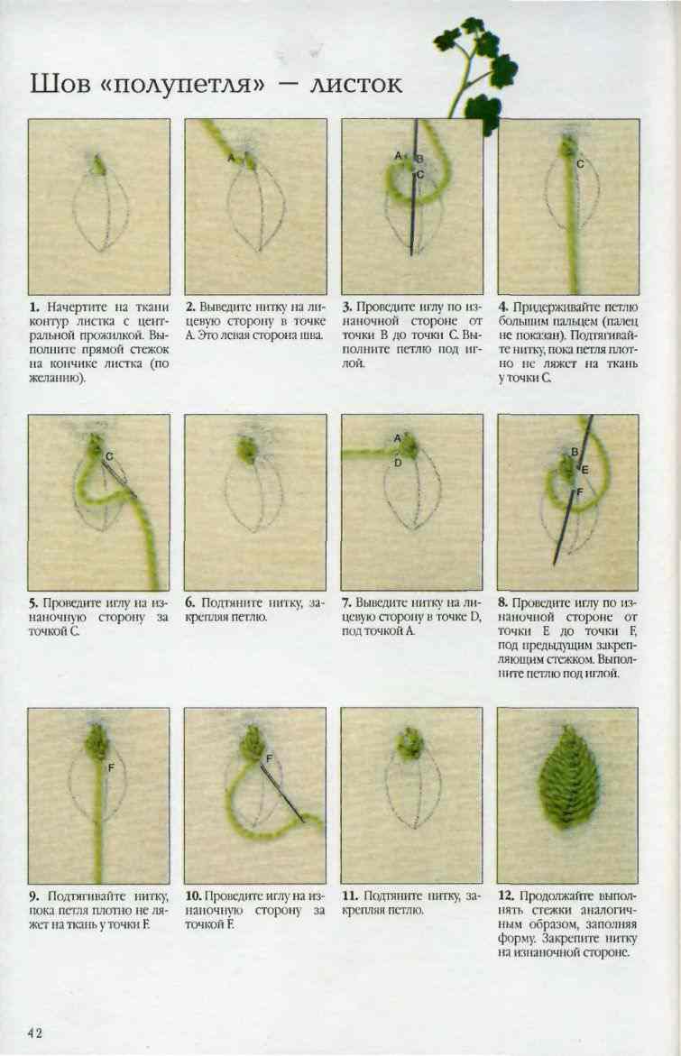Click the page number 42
pos(35,1033)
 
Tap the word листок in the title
pos(355,84)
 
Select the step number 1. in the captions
pos(33,308)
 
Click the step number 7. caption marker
pos(346,602)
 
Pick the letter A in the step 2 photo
pos(231,159)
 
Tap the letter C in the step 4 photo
pos(580,163)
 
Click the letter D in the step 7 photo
pos(398,463)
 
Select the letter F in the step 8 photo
pos(578,493)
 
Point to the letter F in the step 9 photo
pos(111,767)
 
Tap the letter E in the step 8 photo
pos(584,470)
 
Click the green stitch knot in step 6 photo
pos(247,449)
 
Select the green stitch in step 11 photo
pos(410,742)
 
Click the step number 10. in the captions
pos(193,895)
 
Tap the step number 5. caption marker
pos(33,602)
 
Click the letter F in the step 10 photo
pos(269,758)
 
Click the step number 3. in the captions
pos(346,308)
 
